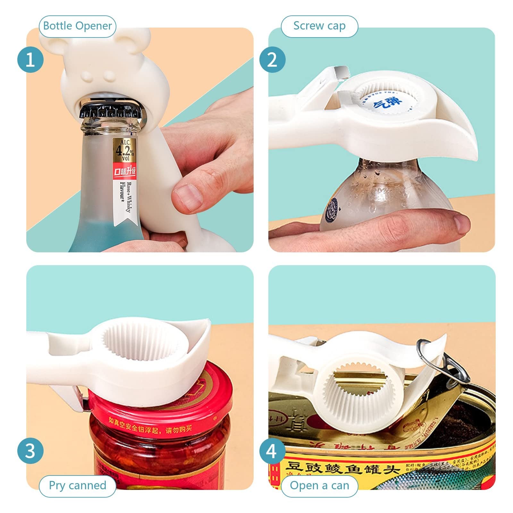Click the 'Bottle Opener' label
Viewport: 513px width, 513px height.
pos(77,26)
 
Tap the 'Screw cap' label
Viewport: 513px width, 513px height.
pos(319,26)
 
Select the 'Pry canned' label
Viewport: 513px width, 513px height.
pos(77,485)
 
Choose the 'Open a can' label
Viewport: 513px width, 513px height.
pos(319,485)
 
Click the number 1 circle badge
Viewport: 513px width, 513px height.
pos(30,60)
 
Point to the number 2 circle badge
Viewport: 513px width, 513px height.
pos(272,60)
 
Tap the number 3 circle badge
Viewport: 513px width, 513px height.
pos(30,451)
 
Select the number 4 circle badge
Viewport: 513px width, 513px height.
pos(272,451)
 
